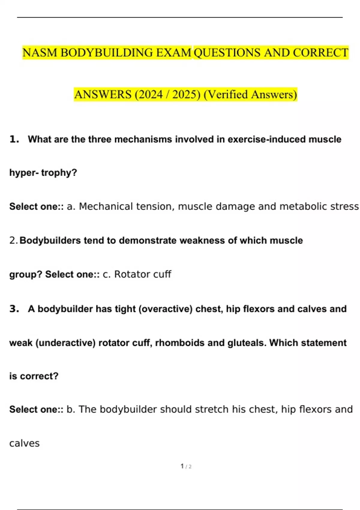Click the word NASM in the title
coord(40,53)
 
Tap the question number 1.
coord(14,139)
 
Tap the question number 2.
coord(13,240)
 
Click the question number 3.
coord(14,309)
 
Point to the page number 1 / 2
coord(186,466)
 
